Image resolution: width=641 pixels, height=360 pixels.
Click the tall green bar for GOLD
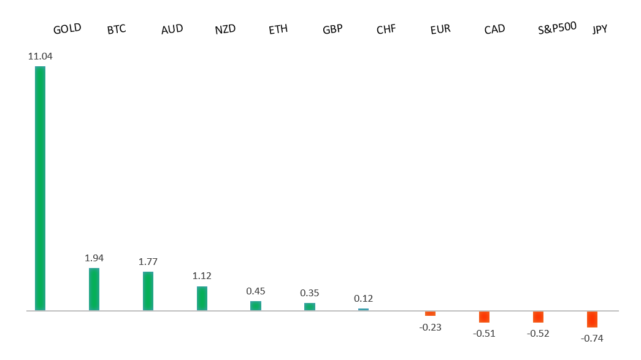40,188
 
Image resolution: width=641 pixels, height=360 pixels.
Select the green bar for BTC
94,289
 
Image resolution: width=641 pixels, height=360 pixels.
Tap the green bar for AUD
148,291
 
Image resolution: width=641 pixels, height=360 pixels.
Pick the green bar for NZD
202,298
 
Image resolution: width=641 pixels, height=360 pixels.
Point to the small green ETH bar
256,305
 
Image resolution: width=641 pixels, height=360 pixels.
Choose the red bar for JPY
592,319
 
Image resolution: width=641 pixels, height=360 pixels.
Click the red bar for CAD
484,316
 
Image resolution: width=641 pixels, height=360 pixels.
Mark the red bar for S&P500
538,316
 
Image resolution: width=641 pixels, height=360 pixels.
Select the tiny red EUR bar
430,313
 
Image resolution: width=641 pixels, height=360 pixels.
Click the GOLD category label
67,29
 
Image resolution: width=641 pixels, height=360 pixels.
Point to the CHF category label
386,29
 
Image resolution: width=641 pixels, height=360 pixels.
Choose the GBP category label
332,29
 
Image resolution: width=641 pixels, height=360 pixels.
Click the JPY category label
600,29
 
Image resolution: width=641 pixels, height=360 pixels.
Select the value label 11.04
40,56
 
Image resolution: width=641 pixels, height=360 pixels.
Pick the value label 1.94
94,258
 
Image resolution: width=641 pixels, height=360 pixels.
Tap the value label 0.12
364,299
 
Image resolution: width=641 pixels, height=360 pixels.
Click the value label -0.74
593,337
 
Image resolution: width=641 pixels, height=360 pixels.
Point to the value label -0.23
431,327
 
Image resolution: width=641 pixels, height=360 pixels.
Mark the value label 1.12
202,276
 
